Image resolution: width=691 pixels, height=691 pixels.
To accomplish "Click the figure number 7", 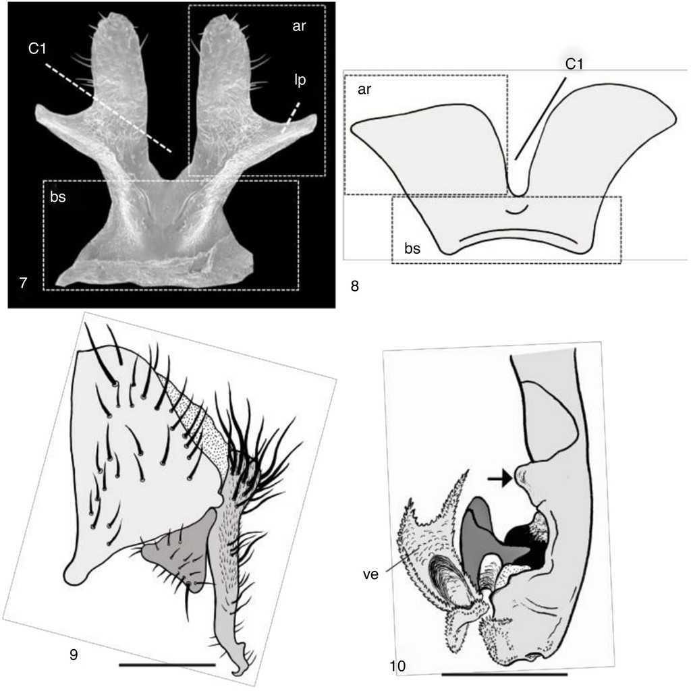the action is [24, 282].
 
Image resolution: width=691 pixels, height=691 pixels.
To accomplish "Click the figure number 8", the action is [355, 286].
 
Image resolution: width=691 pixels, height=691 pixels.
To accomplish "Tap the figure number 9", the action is [74, 655].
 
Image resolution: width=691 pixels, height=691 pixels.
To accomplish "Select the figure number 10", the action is [397, 666].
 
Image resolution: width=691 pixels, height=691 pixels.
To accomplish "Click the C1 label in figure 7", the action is [37, 48].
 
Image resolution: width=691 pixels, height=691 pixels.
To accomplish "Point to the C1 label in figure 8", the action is [574, 64].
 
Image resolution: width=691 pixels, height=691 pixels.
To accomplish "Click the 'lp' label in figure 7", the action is [300, 80].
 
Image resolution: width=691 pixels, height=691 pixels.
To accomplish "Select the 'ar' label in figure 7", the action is [299, 26].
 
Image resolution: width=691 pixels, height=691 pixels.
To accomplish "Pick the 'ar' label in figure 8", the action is [364, 90].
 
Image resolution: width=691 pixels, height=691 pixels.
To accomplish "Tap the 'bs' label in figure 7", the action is [58, 196].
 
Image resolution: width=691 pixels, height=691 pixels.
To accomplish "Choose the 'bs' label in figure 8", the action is [412, 248].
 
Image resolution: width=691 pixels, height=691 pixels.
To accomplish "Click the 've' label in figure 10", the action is [370, 575].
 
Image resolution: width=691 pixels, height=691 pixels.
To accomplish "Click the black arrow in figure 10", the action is [500, 478].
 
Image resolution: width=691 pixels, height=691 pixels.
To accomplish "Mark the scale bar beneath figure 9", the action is [167, 665].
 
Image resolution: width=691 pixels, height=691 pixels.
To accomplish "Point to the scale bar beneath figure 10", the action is [504, 674].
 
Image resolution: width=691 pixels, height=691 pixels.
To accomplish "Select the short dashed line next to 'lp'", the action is [291, 117].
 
